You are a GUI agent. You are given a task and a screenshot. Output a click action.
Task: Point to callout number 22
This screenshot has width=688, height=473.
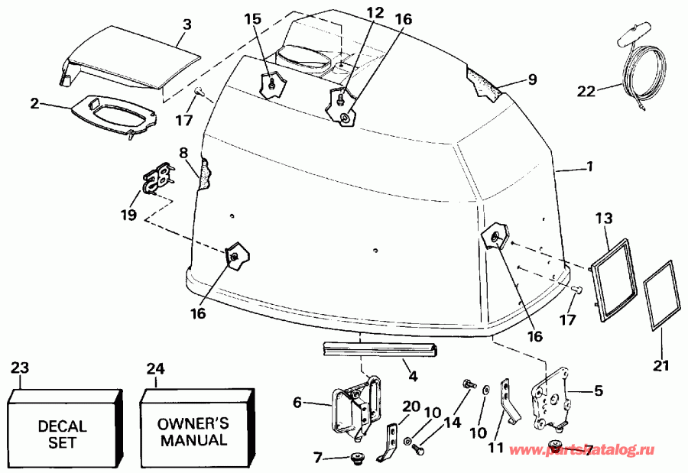pyautogui.click(x=586, y=91)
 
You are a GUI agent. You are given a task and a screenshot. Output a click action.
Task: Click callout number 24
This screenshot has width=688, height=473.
pyautogui.click(x=156, y=369)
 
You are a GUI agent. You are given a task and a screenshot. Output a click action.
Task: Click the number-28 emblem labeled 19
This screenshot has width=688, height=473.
pyautogui.click(x=160, y=183)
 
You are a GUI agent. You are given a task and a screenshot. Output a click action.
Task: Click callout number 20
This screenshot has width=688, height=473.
pyautogui.click(x=411, y=407)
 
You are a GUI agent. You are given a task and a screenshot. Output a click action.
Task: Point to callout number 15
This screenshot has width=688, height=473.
pyautogui.click(x=253, y=18)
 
